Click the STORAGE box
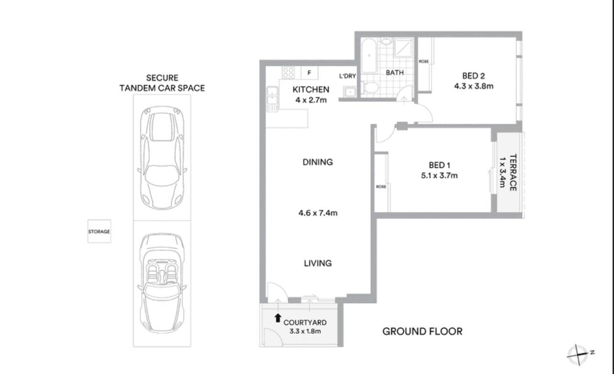pyautogui.click(x=99, y=231)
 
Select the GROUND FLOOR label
pyautogui.click(x=422, y=331)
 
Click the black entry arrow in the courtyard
pyautogui.click(x=278, y=318)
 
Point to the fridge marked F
pyautogui.click(x=309, y=73)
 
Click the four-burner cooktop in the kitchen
pyautogui.click(x=288, y=73)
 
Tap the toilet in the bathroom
pyautogui.click(x=370, y=88)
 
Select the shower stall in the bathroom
pyautogui.click(x=404, y=47)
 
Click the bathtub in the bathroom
pyautogui.click(x=369, y=55)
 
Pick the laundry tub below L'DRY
pyautogui.click(x=350, y=91)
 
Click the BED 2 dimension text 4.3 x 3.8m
pyautogui.click(x=474, y=86)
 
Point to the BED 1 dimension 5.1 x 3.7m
pyautogui.click(x=439, y=175)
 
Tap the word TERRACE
pyautogui.click(x=513, y=173)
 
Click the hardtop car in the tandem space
pyautogui.click(x=162, y=158)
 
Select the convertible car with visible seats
pyautogui.click(x=162, y=283)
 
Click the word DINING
pyautogui.click(x=318, y=162)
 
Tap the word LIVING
pyautogui.click(x=318, y=263)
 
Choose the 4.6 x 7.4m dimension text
pyautogui.click(x=318, y=213)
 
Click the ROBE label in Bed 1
pyautogui.click(x=381, y=187)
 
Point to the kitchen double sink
pyautogui.click(x=272, y=96)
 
